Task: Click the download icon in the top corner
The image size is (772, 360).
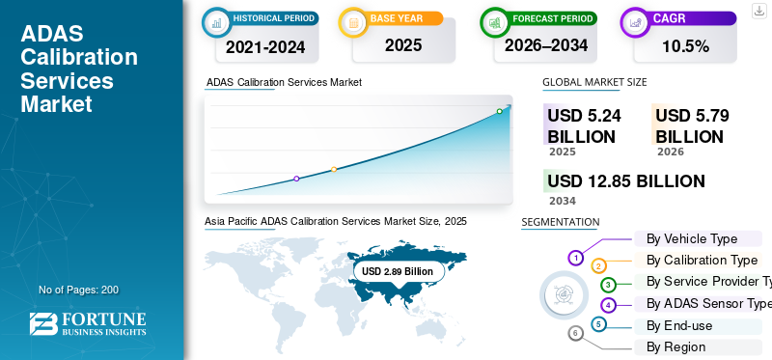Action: coord(758,10)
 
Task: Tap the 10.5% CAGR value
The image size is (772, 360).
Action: coord(683,46)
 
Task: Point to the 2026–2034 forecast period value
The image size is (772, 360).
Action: coord(546,45)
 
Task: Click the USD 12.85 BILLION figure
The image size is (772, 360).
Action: coord(625,181)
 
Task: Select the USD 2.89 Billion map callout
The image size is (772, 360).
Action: coord(398,272)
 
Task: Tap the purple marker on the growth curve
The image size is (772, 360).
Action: coord(296,179)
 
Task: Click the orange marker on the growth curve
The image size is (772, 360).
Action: coord(334,169)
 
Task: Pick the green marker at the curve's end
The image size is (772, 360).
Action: coord(499,111)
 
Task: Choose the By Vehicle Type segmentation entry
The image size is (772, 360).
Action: coord(691,238)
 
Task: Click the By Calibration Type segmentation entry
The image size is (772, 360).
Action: coord(702,260)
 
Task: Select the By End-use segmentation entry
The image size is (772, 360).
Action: coord(678,325)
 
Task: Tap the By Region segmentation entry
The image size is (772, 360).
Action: coord(675,346)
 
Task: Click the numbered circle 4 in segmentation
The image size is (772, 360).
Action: coord(608,305)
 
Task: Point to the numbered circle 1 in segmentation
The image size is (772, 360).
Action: coord(575,258)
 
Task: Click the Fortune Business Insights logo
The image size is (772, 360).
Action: coord(88,324)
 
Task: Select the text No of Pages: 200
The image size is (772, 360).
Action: coord(78,290)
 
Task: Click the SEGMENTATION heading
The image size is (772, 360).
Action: coord(560,222)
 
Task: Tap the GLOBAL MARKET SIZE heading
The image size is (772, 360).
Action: coord(594,82)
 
